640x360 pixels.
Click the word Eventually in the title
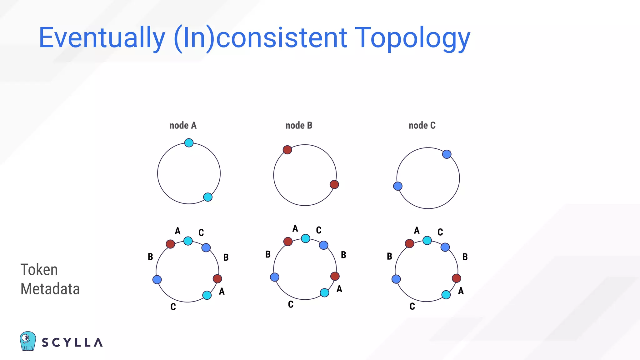(x=102, y=38)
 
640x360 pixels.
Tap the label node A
(x=183, y=125)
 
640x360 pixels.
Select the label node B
(x=299, y=125)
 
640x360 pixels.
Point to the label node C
(x=422, y=125)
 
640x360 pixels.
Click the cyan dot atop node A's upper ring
(x=189, y=143)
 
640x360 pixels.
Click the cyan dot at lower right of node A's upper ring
(x=208, y=197)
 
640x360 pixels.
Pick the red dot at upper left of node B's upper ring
(x=287, y=150)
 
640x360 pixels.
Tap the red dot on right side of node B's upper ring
(x=334, y=184)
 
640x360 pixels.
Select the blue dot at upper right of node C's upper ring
(x=447, y=154)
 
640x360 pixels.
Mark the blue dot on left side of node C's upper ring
(x=398, y=186)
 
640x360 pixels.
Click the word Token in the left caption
(x=39, y=270)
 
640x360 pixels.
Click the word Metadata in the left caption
(x=50, y=289)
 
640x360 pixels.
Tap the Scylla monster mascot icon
(x=28, y=341)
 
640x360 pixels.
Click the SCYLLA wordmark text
(x=72, y=342)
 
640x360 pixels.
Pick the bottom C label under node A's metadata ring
(x=173, y=307)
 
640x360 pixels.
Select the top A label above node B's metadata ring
(x=295, y=228)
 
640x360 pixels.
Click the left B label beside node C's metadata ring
(x=389, y=256)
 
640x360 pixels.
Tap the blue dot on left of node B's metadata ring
(x=275, y=277)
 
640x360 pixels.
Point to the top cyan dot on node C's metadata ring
(x=427, y=240)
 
